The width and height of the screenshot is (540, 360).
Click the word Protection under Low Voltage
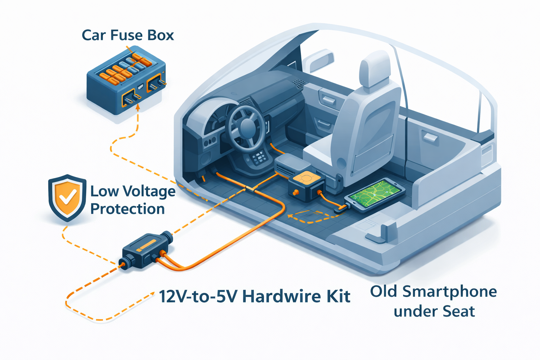click(x=128, y=209)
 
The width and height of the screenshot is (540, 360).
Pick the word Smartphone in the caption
click(x=450, y=291)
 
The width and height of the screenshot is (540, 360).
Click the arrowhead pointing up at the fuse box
click(x=138, y=108)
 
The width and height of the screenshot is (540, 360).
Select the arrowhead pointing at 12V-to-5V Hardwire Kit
click(x=152, y=294)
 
